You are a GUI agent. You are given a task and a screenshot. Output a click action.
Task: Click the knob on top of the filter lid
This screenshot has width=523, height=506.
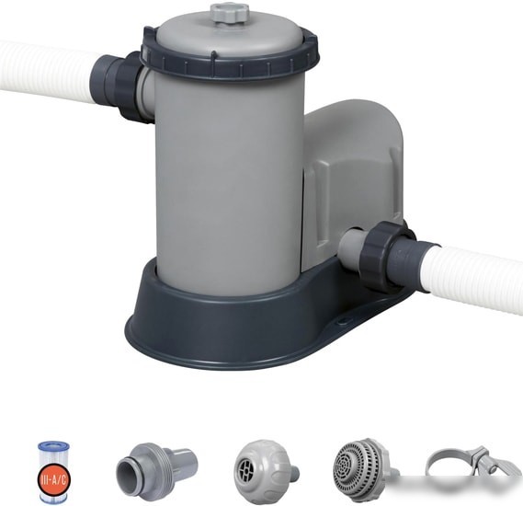pyautogui.click(x=231, y=13)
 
